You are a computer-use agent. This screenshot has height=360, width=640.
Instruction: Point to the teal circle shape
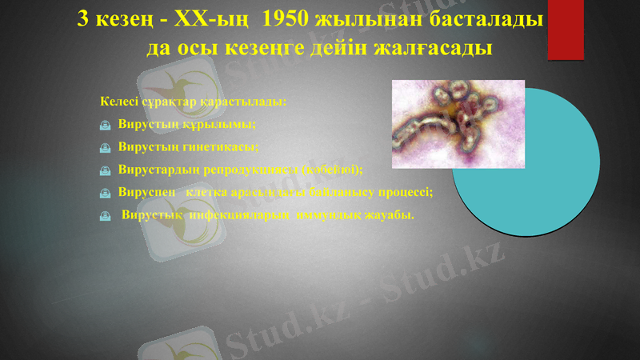click(552, 192)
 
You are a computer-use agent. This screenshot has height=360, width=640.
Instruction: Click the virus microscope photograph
click(458, 124)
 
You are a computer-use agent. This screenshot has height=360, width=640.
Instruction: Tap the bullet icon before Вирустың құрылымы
click(106, 126)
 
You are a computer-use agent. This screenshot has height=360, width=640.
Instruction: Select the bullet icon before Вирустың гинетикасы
click(106, 148)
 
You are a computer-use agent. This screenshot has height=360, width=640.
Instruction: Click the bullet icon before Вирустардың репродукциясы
click(106, 170)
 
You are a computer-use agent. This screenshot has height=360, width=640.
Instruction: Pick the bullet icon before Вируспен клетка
click(106, 193)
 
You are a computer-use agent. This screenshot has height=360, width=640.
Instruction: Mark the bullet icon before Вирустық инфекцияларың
click(106, 215)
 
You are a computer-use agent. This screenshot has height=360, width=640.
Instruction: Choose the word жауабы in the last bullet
click(390, 214)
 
